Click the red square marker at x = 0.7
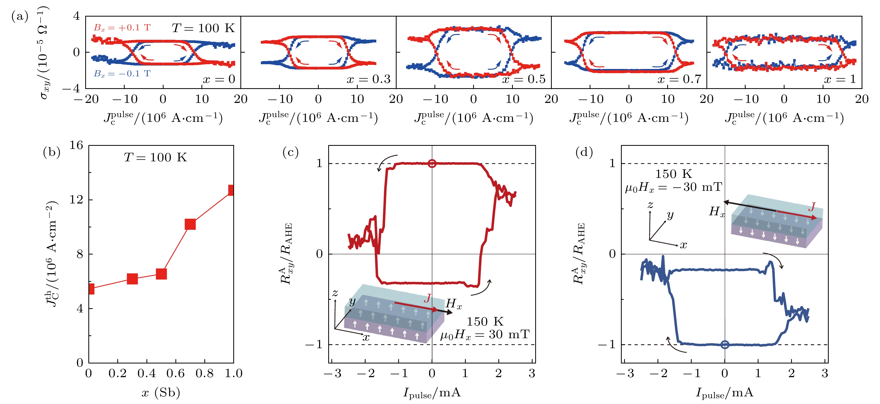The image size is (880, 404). [190, 224]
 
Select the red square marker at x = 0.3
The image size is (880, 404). [132, 278]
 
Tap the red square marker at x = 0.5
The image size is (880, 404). [161, 274]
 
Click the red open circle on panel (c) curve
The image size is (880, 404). [432, 163]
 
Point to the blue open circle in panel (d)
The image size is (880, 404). [725, 345]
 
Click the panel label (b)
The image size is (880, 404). [52, 152]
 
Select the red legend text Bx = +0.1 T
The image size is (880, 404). [122, 28]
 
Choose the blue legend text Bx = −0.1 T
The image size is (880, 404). [122, 73]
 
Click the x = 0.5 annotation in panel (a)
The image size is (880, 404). [524, 79]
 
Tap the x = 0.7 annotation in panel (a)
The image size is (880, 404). [679, 79]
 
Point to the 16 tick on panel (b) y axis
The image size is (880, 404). [76, 145]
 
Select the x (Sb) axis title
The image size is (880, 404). [161, 393]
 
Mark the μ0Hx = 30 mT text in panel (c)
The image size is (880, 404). [485, 334]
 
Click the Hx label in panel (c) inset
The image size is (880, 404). [453, 303]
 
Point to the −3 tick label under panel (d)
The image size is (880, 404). [625, 373]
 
